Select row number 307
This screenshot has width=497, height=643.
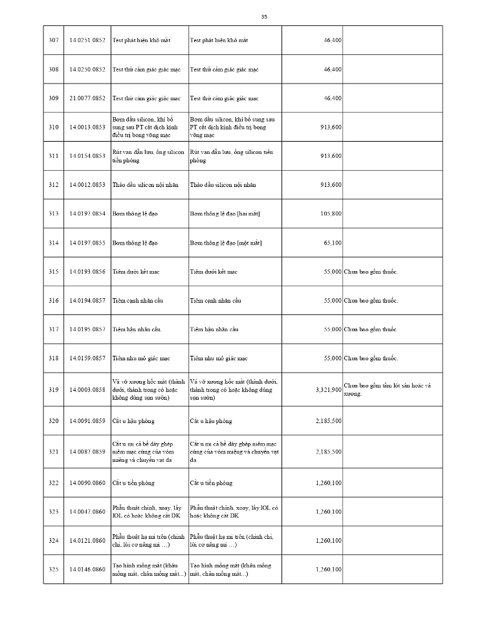coord(54,40)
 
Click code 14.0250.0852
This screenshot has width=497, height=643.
coord(87,69)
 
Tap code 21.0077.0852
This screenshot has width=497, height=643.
coord(87,98)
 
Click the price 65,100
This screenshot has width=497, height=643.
coord(333,243)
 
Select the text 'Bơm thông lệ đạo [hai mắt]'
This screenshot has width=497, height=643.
coord(225,214)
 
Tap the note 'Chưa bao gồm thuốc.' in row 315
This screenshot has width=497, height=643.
coord(371,272)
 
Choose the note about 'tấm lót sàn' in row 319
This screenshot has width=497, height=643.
coord(387,389)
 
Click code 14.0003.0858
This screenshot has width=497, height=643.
coord(87,390)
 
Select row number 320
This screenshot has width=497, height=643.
coord(54,421)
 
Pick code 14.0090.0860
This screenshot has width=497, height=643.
coord(87,483)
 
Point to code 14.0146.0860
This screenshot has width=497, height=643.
coord(87,569)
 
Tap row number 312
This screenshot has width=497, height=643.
coord(54,185)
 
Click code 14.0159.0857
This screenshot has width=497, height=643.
coord(87,358)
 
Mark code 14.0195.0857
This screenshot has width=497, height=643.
coord(87,329)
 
